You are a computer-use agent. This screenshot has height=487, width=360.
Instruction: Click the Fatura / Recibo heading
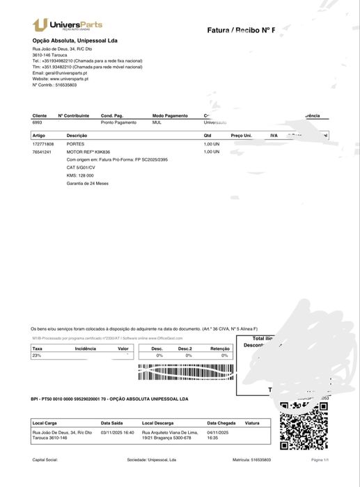pos(240,30)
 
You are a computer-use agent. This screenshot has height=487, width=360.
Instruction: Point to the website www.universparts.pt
pos(65,79)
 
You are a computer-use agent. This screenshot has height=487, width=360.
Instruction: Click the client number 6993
pos(37,122)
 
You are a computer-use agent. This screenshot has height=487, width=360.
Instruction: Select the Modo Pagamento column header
pos(170,115)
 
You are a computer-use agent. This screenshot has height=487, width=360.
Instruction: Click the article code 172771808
pos(43,143)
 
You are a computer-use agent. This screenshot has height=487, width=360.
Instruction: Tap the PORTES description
pos(75,143)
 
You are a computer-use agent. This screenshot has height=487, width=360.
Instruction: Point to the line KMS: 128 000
pos(80,175)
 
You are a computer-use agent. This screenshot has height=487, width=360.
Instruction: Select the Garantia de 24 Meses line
pos(87,183)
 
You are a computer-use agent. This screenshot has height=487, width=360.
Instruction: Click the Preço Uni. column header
pos(241,135)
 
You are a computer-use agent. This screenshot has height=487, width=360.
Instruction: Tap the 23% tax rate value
pos(37,355)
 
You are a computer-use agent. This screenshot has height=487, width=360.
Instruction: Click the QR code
pos(303,424)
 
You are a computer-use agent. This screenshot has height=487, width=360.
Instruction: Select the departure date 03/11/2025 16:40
pos(117,432)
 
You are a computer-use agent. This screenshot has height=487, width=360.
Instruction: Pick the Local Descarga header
pos(157,422)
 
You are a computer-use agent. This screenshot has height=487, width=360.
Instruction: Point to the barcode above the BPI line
pos(185,372)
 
